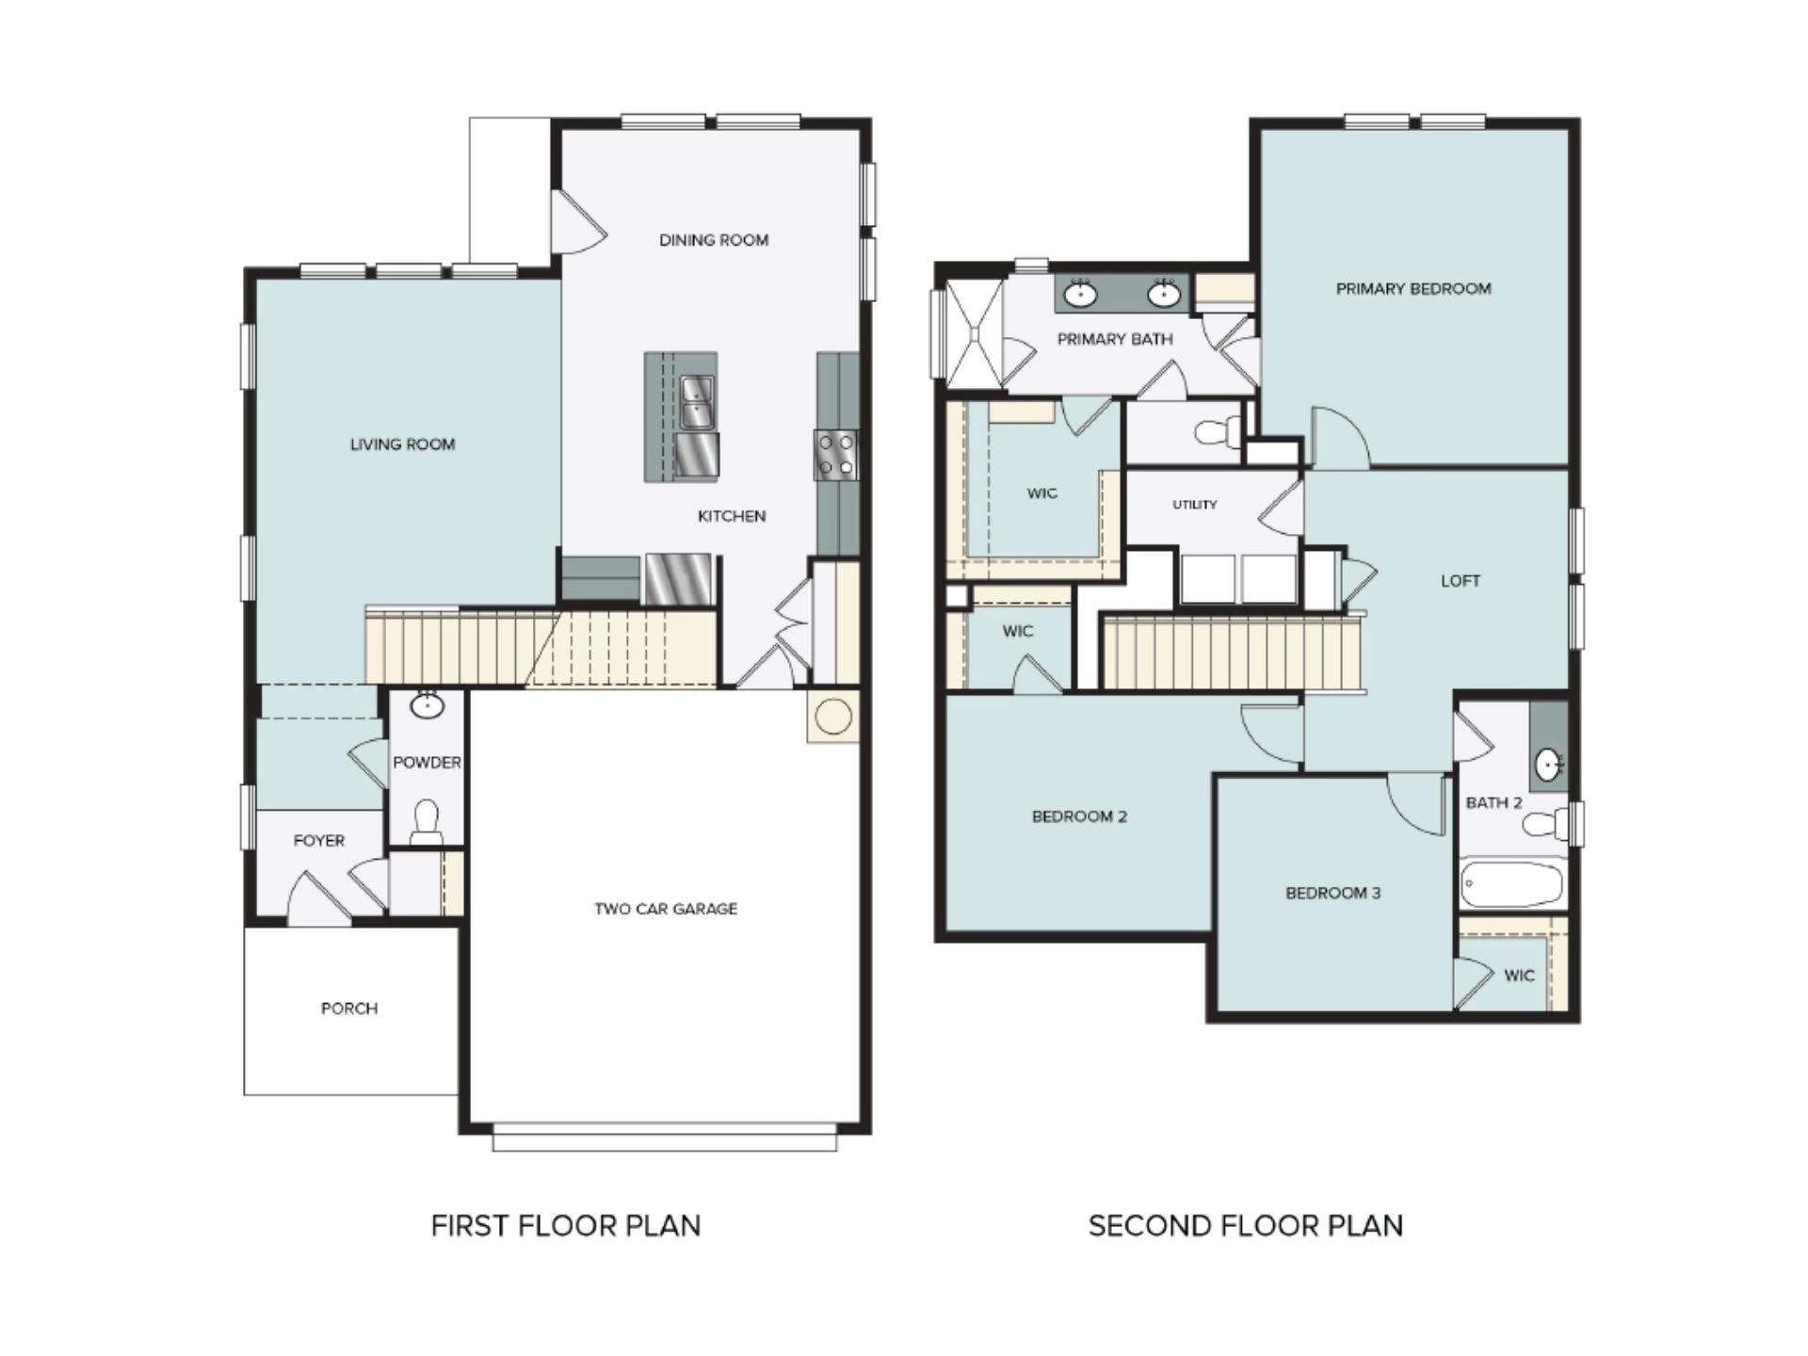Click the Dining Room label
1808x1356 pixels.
tap(714, 240)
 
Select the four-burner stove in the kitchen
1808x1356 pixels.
tap(835, 455)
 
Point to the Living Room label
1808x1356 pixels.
tap(402, 444)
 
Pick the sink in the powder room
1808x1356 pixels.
tap(428, 705)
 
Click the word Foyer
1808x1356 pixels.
tap(318, 841)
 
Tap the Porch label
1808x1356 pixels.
tap(349, 1009)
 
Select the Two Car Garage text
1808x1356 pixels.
tap(666, 909)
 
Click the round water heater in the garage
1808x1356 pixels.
tap(833, 718)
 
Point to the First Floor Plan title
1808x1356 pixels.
tap(565, 1226)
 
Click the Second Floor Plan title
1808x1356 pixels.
tap(1246, 1226)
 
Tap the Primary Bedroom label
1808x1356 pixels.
tap(1413, 289)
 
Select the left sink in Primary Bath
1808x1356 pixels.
tap(1081, 295)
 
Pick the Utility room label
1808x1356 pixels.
tap(1194, 505)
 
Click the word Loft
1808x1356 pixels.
tap(1460, 581)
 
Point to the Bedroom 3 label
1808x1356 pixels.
tap(1332, 893)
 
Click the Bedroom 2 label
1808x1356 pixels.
tap(1079, 816)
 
